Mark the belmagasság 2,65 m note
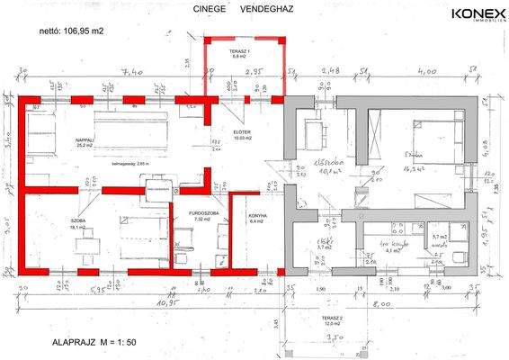pyautogui.click(x=129, y=166)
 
